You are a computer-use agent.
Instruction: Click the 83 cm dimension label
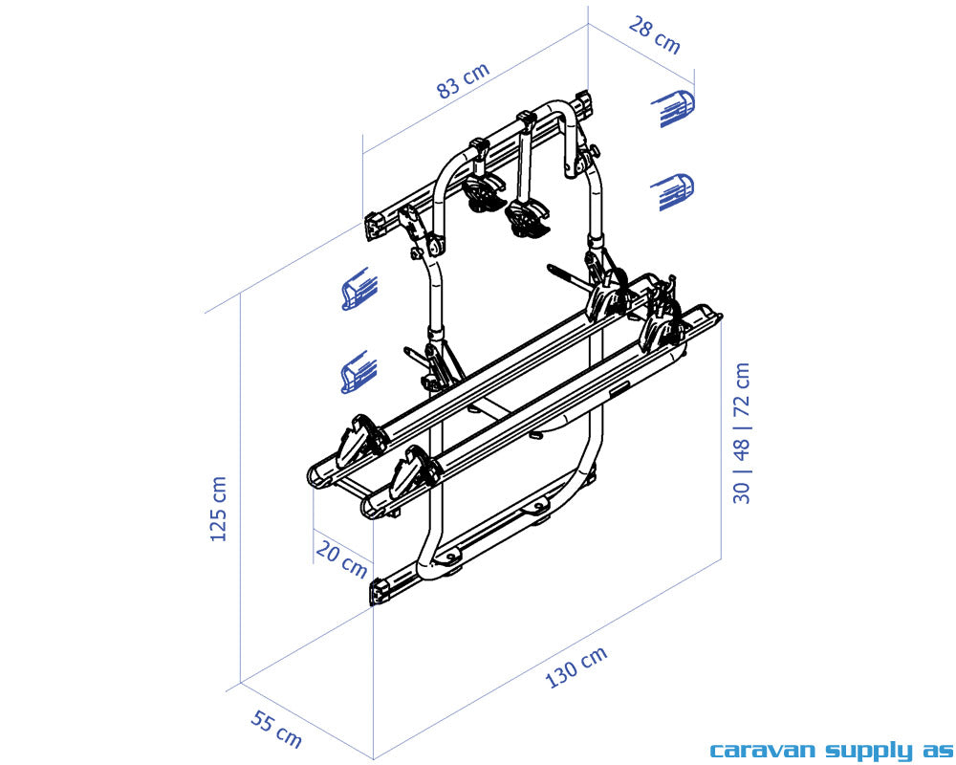[x=463, y=80]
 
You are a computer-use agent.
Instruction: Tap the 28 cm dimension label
[x=655, y=35]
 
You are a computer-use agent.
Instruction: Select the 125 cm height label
[x=219, y=509]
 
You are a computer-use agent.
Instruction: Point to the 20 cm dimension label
[x=341, y=559]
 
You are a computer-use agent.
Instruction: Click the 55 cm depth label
[x=276, y=730]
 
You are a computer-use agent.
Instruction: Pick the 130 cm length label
[x=576, y=667]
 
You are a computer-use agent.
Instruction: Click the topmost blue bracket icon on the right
[x=674, y=108]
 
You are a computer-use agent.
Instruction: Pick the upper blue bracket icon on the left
[x=359, y=290]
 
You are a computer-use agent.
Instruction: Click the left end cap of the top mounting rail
[x=375, y=226]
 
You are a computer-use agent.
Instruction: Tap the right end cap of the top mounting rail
[x=582, y=100]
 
